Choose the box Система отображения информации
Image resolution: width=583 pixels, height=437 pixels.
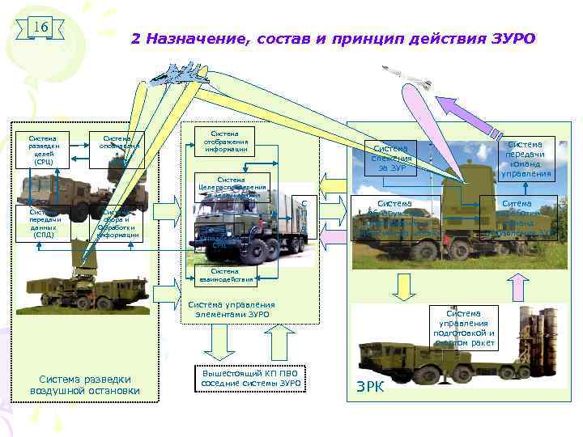[x=224, y=141]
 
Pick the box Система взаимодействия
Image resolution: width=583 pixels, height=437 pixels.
[x=226, y=275]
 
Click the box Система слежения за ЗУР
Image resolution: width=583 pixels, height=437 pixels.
[x=392, y=158]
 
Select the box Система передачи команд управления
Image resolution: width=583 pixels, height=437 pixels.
[x=526, y=159]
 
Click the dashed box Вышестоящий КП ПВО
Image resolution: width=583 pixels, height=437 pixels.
[x=251, y=377]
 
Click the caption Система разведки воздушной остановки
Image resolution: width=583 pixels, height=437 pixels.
[x=86, y=386]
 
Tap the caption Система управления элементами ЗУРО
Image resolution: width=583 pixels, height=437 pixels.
[x=232, y=309]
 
